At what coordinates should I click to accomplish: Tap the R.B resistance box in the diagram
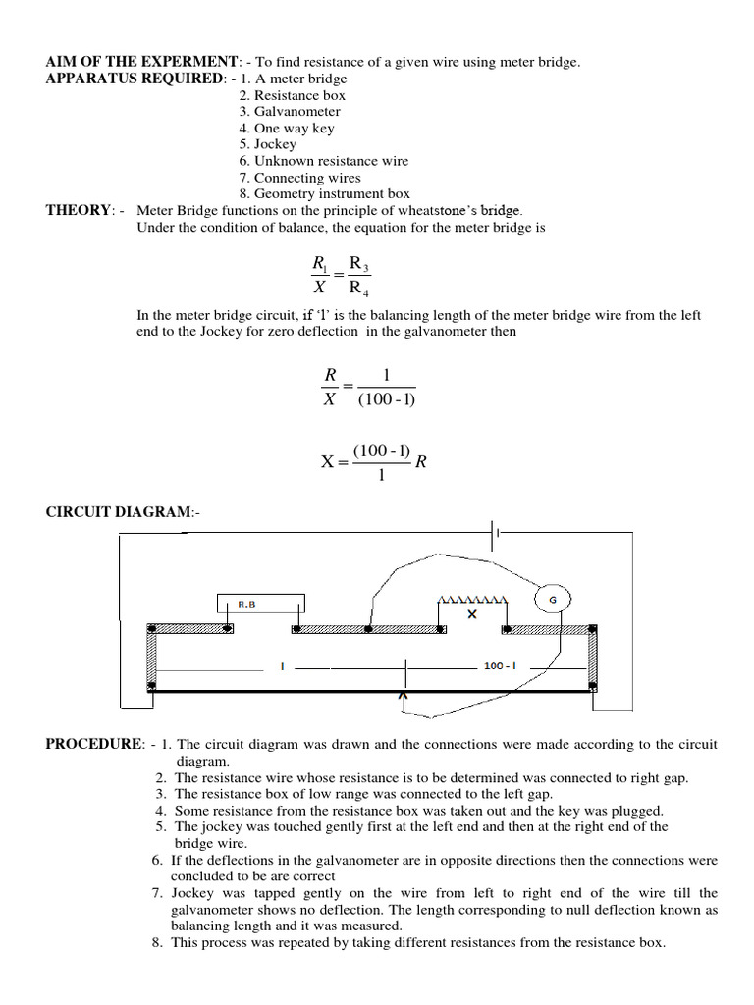261,605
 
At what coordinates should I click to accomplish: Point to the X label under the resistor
471,614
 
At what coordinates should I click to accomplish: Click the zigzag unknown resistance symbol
472,599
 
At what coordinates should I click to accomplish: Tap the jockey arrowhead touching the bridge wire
404,698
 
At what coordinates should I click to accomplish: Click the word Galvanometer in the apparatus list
296,112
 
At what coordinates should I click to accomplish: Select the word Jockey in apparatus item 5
275,144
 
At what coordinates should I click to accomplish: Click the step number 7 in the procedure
156,893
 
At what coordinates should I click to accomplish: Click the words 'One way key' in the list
294,128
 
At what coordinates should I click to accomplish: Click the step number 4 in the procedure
159,811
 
